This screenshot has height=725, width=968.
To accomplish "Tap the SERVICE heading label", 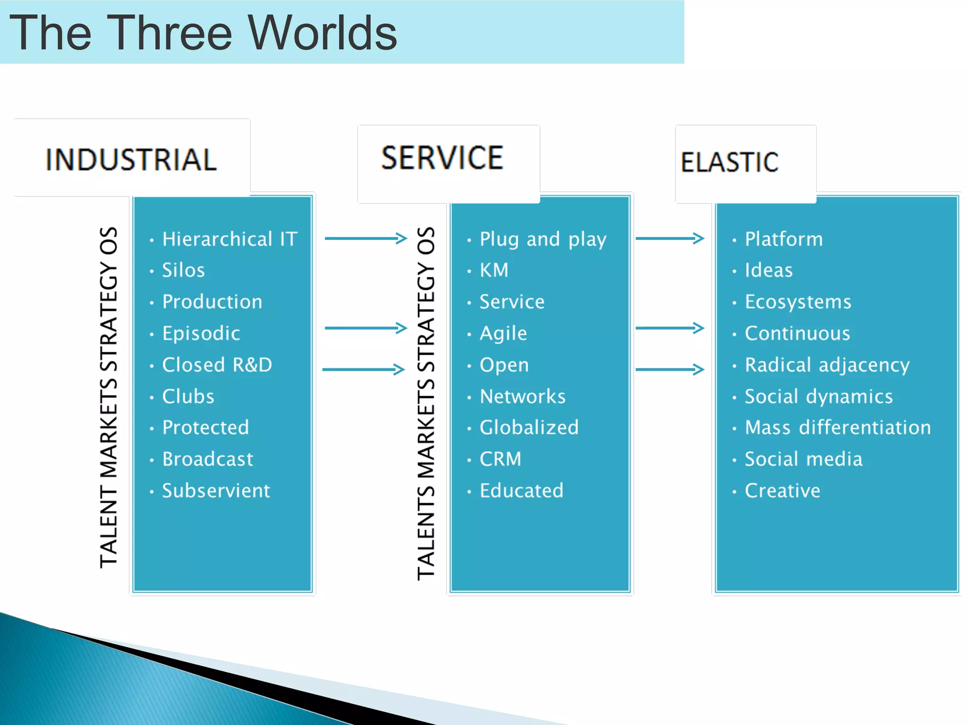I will coord(442,158).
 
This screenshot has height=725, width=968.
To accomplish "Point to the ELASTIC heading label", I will coord(729,162).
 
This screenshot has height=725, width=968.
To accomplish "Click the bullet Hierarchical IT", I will coord(230,239).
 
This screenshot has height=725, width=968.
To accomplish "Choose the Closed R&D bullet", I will coord(217,365).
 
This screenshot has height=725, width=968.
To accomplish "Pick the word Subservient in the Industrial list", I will coord(216,491).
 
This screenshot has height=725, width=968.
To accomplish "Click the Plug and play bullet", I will coord(543,239).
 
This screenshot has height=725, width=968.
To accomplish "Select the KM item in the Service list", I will coord(494,270).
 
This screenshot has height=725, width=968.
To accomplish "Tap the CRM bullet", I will coord(500,459).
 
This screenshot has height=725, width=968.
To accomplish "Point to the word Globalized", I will coord(529,427).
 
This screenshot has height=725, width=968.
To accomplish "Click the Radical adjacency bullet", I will coord(827,365).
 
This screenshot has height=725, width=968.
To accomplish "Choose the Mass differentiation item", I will coord(838,427).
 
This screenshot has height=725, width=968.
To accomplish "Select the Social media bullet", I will coord(804,459).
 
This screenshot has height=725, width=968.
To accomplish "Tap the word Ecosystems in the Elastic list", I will coord(798,302).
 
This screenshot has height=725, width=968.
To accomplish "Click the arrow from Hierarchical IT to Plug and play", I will coord(366,239).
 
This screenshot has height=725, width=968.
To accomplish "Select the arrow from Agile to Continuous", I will coord(670,328).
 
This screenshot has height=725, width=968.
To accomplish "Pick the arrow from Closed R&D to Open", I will coord(363,369).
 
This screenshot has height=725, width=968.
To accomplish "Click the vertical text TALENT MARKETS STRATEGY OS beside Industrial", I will coord(109,397).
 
